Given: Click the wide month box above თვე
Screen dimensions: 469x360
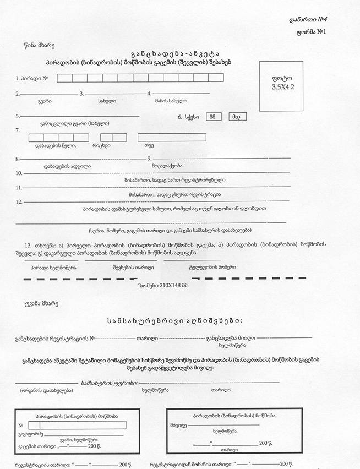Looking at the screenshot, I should pyautogui.click(x=172, y=137).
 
